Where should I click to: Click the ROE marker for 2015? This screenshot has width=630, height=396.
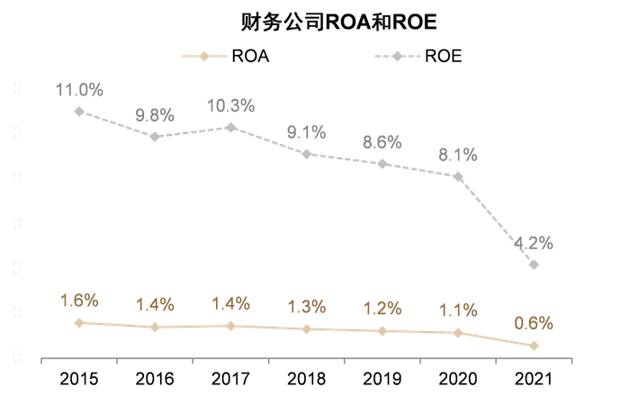[x=79, y=112]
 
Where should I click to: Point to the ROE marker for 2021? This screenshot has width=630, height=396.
[x=535, y=265]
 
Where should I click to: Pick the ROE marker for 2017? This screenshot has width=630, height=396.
[x=231, y=128]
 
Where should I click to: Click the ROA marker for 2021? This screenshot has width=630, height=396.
[x=535, y=346]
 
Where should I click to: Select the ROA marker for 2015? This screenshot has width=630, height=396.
[x=79, y=322]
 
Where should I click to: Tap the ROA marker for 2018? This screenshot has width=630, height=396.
[x=307, y=329]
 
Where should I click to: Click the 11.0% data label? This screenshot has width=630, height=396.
[x=79, y=89]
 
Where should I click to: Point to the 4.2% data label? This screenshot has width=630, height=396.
[x=534, y=243]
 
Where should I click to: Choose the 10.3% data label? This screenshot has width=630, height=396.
[x=231, y=105]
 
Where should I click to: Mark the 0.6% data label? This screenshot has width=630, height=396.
[x=534, y=323]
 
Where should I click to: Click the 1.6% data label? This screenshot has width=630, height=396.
[x=79, y=301]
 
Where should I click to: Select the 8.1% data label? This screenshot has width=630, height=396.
[x=458, y=155]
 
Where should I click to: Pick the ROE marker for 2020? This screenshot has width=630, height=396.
[x=458, y=177]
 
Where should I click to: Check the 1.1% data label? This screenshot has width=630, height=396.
[x=458, y=310]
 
